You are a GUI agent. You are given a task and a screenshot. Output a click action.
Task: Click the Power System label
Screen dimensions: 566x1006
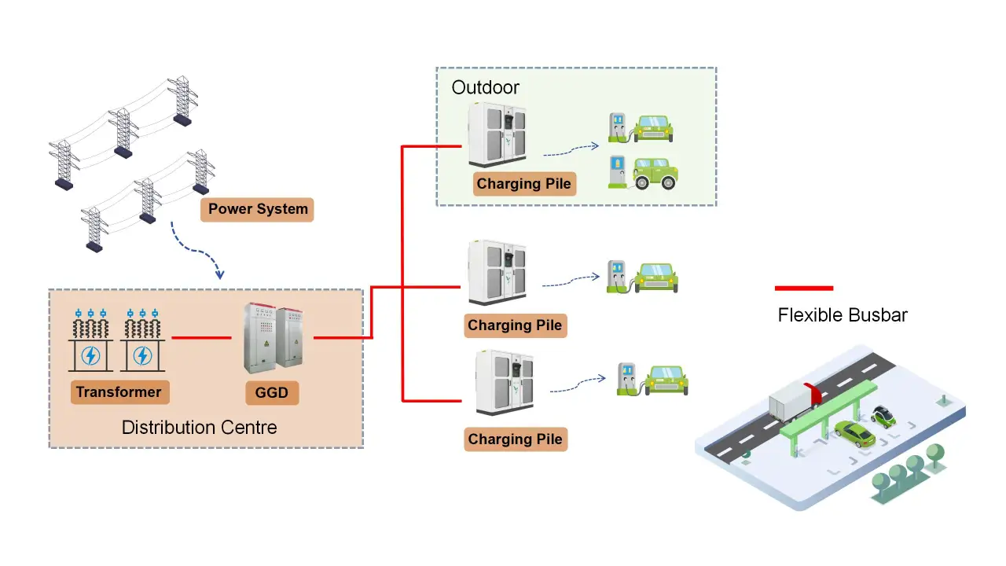pyautogui.click(x=257, y=210)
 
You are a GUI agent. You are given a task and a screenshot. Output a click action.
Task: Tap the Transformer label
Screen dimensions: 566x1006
pyautogui.click(x=119, y=392)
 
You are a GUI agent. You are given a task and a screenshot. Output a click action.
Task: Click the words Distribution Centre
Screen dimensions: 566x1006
pyautogui.click(x=199, y=428)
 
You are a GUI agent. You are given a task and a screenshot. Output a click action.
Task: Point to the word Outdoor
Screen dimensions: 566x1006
pyautogui.click(x=485, y=87)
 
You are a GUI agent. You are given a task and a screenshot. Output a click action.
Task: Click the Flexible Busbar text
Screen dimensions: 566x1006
pyautogui.click(x=843, y=315)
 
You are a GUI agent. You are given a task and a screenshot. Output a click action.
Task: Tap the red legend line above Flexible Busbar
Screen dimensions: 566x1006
pyautogui.click(x=803, y=288)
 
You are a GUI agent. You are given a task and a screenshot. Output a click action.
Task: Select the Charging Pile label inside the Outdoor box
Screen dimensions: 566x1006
pyautogui.click(x=524, y=184)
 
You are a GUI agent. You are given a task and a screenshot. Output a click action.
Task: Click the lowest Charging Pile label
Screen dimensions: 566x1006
pyautogui.click(x=515, y=439)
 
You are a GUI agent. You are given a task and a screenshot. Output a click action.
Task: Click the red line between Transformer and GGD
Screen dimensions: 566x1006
pyautogui.click(x=201, y=338)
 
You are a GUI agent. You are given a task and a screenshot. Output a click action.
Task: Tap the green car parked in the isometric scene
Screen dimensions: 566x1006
pyautogui.click(x=855, y=433)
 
